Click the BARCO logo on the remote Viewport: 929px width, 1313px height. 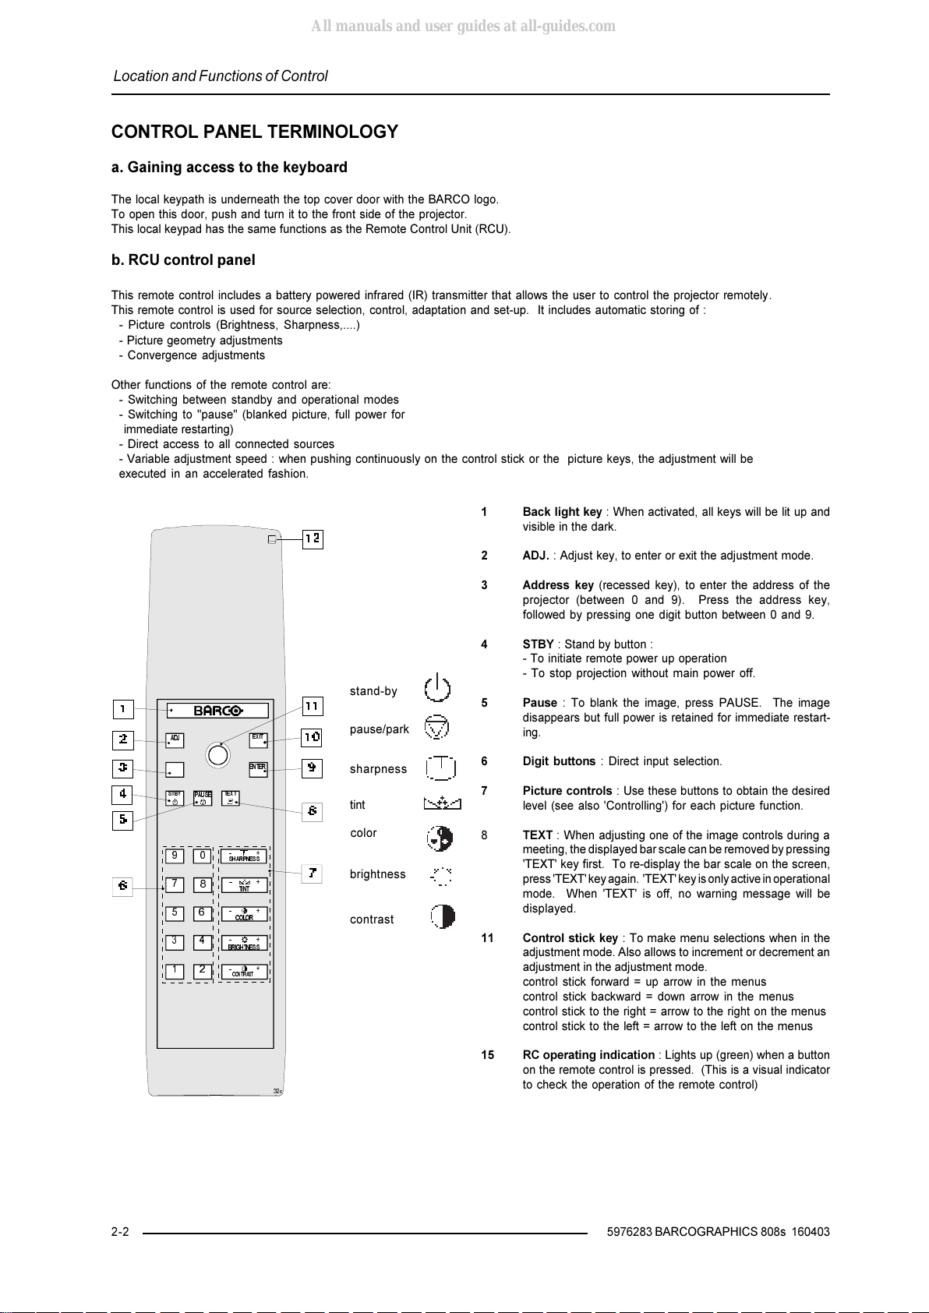218,711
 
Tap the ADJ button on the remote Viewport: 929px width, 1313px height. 175,739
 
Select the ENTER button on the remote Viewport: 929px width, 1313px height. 258,768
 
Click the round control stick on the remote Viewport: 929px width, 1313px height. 218,755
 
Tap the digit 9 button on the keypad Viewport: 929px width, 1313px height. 175,856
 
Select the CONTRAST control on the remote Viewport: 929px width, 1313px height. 244,972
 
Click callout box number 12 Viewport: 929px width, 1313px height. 313,538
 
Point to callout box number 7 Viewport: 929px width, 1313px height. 312,874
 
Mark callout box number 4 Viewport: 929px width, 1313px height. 123,795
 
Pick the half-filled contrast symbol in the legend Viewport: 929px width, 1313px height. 442,916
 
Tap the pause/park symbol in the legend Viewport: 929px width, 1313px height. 436,727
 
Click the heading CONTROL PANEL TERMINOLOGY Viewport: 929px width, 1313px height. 255,132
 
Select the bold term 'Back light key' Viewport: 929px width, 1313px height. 562,512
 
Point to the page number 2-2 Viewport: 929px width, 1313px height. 120,1232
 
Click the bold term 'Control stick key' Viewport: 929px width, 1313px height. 570,938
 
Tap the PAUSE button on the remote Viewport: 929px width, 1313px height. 203,799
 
